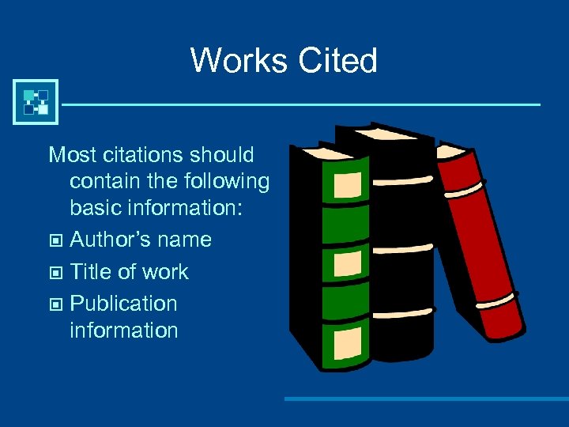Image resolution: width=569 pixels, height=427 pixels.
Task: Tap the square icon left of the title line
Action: [36, 102]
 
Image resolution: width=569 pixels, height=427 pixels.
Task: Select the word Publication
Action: [123, 304]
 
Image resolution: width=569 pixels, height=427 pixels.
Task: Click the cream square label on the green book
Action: [349, 186]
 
